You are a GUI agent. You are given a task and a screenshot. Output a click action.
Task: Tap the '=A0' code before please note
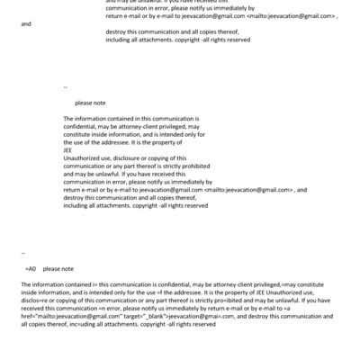coord(31,268)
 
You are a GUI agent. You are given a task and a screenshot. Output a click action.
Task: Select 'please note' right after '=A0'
coord(58,268)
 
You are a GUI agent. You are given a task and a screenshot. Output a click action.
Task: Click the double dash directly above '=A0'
coord(22,254)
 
